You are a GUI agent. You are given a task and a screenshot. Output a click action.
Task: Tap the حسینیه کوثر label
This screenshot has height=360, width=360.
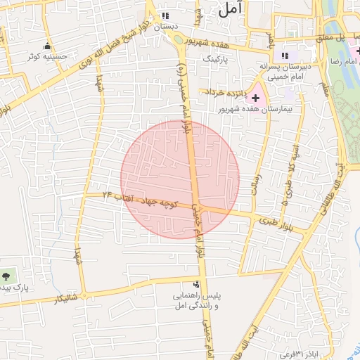(x=47, y=56)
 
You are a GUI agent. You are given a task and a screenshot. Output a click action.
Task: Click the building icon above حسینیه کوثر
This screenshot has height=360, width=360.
(x=47, y=46)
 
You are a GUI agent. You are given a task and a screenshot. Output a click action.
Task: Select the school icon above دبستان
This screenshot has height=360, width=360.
(x=165, y=15)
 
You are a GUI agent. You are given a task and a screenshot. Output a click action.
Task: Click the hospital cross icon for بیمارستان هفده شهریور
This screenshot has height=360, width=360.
(x=255, y=96)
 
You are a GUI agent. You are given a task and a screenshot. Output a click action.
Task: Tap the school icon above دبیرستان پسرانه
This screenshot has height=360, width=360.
(x=285, y=56)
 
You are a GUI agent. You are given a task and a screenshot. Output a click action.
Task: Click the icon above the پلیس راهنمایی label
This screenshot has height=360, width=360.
(x=196, y=285)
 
